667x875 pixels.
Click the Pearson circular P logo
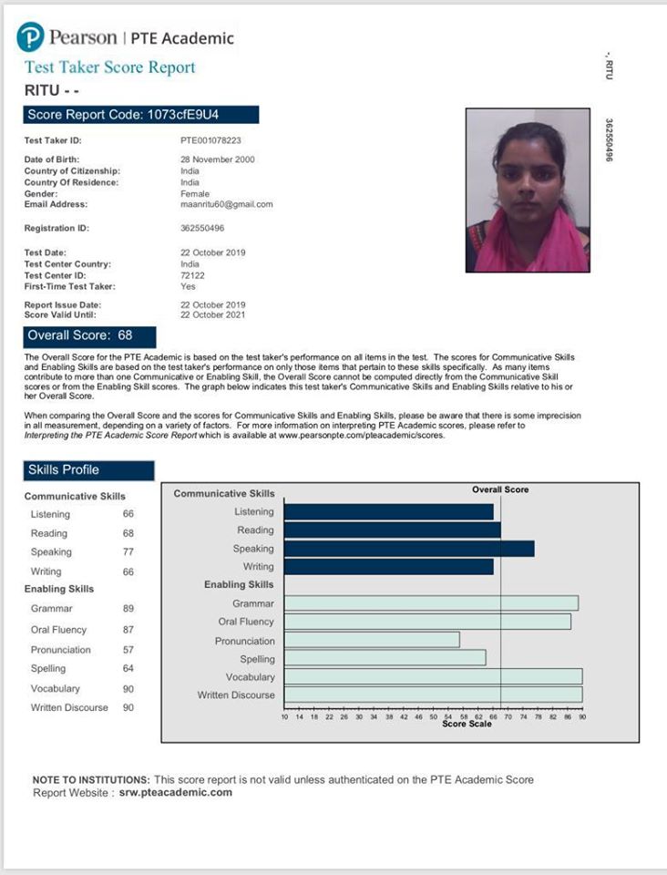tap(30, 37)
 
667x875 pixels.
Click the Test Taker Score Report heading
tap(109, 67)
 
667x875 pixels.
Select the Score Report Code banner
tap(141, 115)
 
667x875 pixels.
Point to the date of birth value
tap(218, 160)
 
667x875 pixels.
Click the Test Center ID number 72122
tap(193, 274)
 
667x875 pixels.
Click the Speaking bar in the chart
tap(409, 549)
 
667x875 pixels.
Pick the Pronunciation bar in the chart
tap(372, 640)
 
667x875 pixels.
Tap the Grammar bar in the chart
tap(431, 603)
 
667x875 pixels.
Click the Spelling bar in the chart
tap(385, 658)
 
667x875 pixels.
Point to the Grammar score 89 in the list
tap(128, 609)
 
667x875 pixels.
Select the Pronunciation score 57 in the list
tap(128, 650)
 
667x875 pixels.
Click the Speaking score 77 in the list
tap(128, 552)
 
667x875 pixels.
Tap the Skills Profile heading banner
tap(88, 470)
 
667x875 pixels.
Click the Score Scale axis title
tap(467, 725)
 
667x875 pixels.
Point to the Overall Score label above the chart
tap(500, 490)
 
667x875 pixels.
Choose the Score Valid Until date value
tap(213, 314)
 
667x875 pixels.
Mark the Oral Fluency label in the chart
tap(246, 622)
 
